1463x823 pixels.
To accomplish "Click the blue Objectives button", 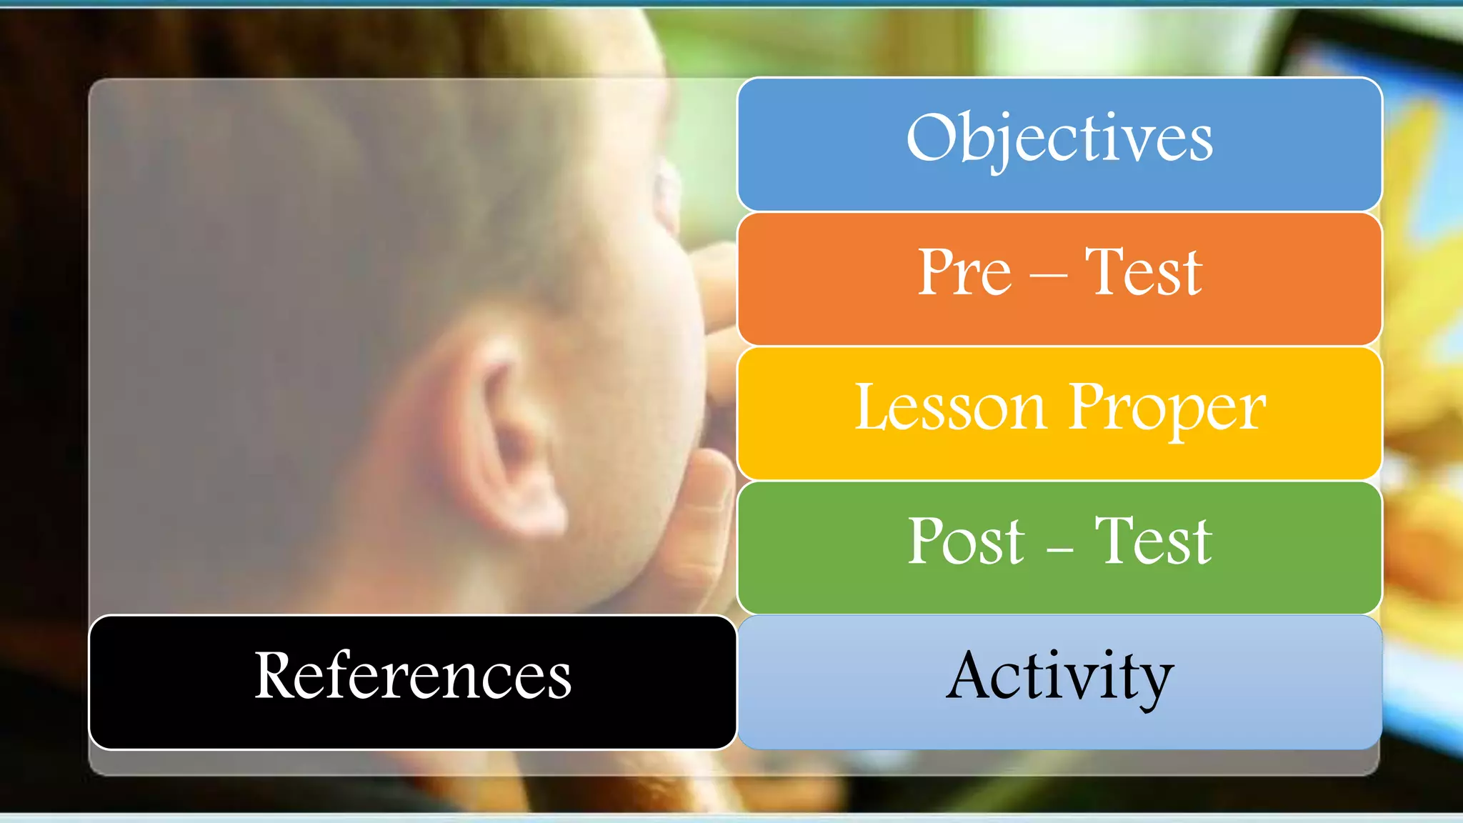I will point(1059,144).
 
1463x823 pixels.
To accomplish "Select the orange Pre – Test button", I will point(1059,279).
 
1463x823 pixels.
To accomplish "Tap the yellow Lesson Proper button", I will point(1059,413).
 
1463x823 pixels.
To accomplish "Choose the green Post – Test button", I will point(1059,547).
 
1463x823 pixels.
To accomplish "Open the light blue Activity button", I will point(1059,682).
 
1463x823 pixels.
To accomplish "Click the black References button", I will point(412,682).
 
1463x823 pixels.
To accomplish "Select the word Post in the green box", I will point(966,541).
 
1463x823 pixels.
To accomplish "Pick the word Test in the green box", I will point(1153,541).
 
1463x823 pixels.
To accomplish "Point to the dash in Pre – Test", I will point(1048,276).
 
